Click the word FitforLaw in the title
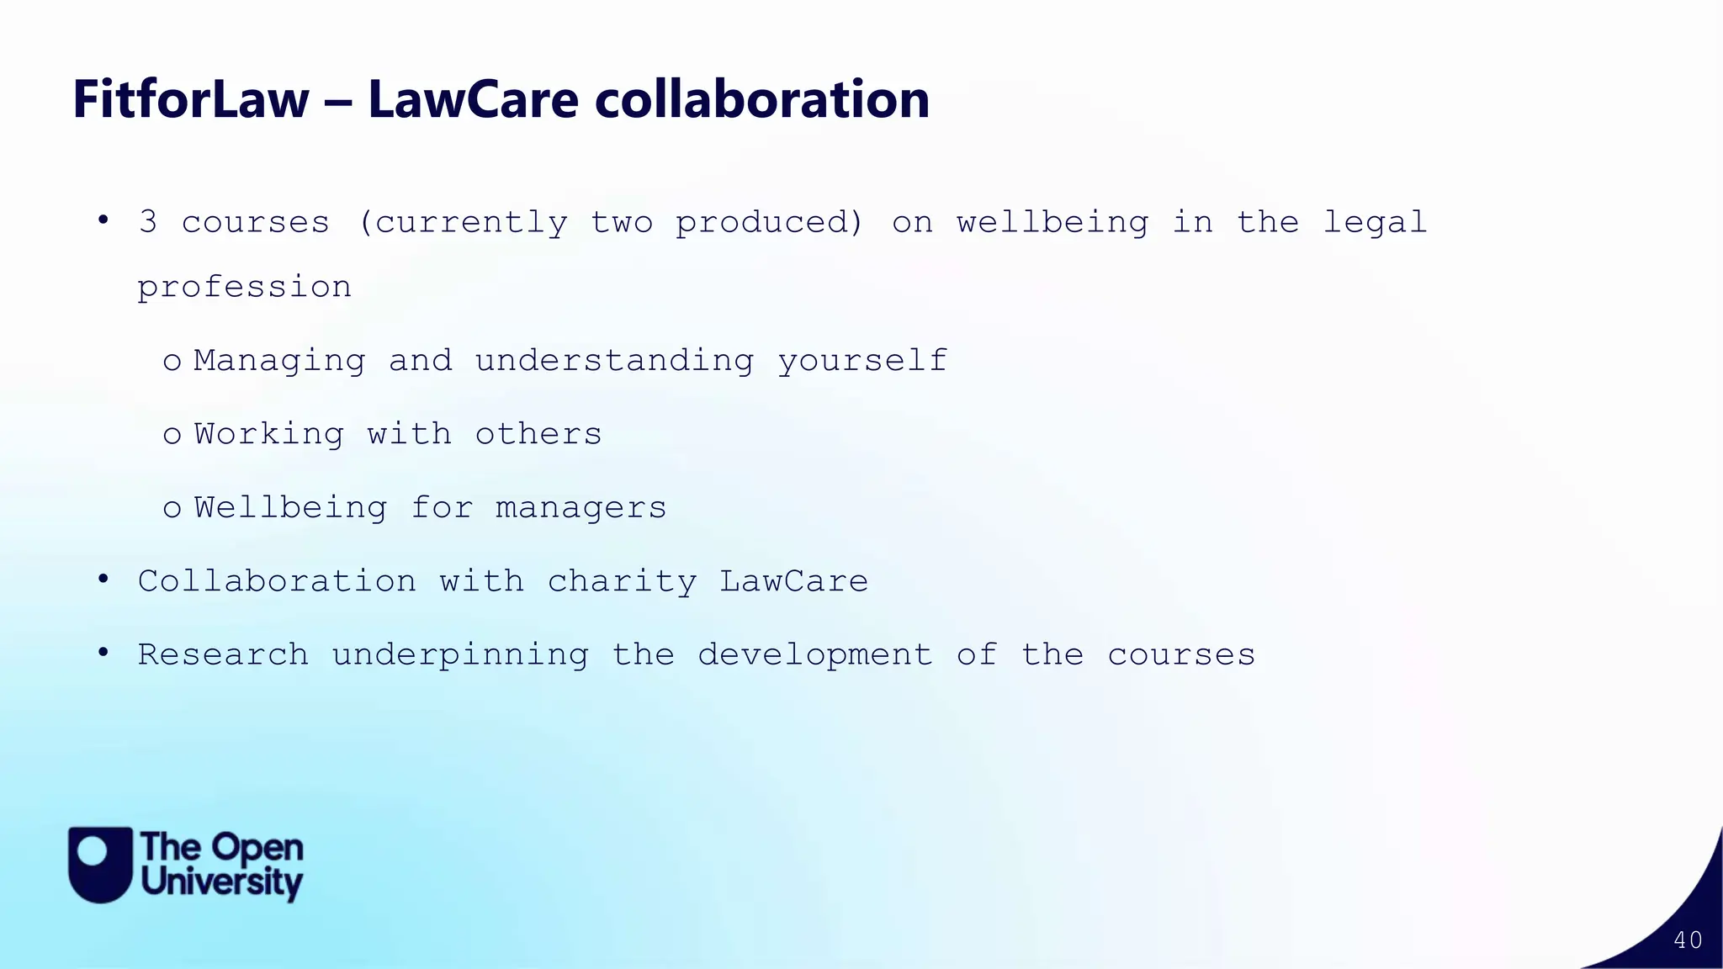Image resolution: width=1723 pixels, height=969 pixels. (191, 99)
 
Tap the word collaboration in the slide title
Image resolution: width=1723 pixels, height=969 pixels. (761, 99)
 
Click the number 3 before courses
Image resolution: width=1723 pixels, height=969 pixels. (148, 222)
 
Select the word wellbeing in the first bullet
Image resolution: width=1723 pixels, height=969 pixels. (1052, 223)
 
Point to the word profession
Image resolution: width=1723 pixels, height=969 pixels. (244, 288)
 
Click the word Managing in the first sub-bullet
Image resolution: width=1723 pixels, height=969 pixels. (280, 362)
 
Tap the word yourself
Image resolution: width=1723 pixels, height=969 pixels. (862, 362)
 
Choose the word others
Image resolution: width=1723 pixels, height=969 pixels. (538, 434)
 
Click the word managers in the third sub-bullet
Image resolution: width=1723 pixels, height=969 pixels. (581, 508)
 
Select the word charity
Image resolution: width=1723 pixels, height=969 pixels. (622, 582)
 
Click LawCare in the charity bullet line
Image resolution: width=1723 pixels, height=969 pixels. (793, 581)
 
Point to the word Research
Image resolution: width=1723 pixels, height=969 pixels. (223, 654)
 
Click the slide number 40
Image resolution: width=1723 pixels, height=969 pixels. (1688, 940)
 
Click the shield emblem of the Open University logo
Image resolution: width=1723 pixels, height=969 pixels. (100, 865)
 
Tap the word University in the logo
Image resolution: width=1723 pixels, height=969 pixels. (222, 883)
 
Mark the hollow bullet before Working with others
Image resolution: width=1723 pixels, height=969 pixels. (172, 436)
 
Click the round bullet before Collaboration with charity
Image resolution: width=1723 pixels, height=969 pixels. (103, 580)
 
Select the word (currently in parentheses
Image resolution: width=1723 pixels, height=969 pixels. (463, 223)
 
